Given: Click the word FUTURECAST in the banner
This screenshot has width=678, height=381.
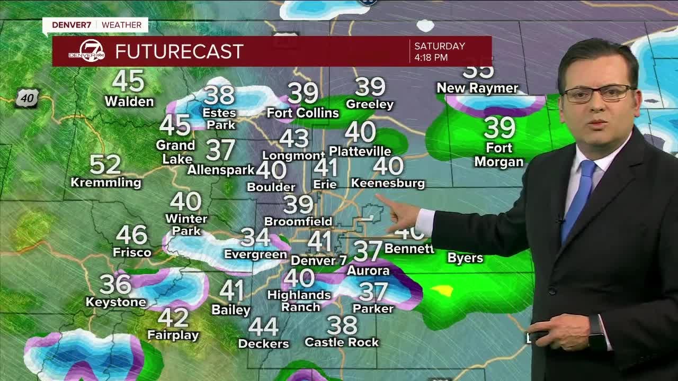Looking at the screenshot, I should click(179, 51).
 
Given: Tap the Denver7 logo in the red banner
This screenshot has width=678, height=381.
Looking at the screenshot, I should click(86, 51).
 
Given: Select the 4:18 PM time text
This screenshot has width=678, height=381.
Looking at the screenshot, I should click(431, 57).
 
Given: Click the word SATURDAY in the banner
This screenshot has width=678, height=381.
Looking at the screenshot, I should click(439, 46).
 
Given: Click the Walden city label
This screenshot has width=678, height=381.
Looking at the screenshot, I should click(129, 101).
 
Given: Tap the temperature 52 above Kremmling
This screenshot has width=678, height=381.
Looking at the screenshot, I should click(105, 165).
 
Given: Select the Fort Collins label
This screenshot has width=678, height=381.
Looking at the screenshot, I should click(302, 113).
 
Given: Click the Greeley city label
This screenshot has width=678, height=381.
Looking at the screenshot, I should click(370, 104).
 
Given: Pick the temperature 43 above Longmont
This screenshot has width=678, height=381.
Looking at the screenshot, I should click(294, 138).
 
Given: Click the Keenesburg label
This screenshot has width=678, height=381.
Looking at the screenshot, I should click(388, 183).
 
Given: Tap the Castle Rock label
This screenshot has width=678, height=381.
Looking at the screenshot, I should click(342, 342).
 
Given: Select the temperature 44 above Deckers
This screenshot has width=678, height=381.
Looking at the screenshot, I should click(263, 327).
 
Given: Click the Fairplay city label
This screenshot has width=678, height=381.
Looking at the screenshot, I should click(173, 335).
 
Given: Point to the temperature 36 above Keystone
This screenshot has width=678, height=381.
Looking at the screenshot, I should click(115, 284).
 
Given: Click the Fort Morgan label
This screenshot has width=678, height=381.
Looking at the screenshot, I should click(498, 155).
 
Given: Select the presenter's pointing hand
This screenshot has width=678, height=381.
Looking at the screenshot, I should click(403, 214).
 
